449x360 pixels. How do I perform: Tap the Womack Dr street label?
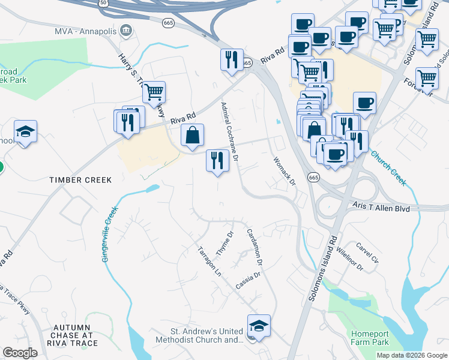coord(285,171)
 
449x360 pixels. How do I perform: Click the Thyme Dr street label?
coord(224,243)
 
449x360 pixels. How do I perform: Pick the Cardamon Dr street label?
coord(255,246)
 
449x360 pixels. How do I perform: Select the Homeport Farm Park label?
coord(369,338)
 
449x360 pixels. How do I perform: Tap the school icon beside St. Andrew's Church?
coord(259,326)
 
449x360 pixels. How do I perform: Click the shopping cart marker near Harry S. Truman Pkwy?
coord(154,92)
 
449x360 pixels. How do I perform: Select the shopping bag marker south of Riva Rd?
coord(192,136)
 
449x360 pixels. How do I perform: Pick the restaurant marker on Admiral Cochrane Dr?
coord(217,160)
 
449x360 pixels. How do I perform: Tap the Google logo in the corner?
coord(20,353)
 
